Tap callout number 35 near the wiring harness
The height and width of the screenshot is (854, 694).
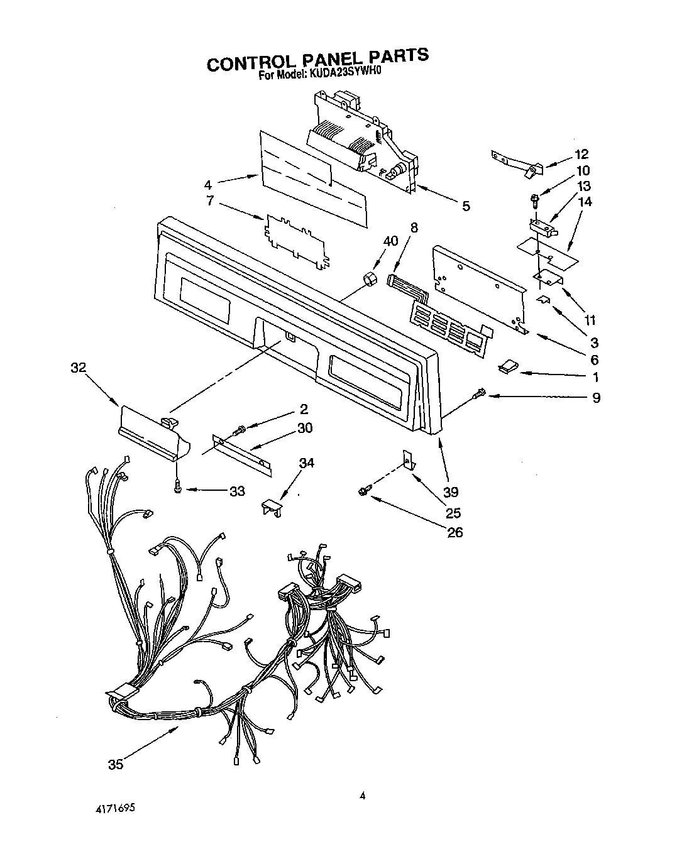click(115, 764)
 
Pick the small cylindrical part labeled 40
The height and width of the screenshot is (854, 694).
click(368, 278)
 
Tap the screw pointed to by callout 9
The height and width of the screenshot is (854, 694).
click(481, 394)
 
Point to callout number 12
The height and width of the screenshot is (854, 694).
click(581, 154)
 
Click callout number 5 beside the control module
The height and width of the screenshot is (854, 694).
click(465, 205)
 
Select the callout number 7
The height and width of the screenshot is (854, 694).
click(210, 202)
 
